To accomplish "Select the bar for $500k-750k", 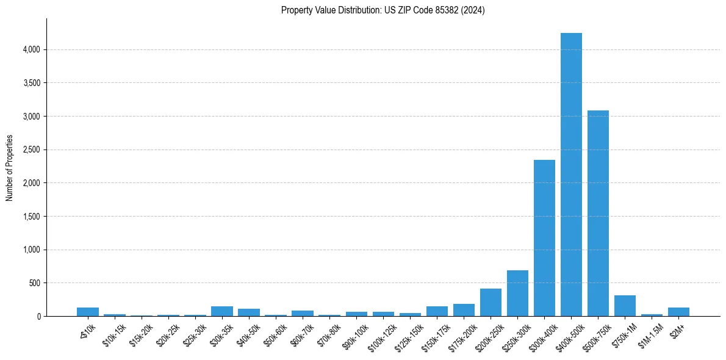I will tap(598, 214).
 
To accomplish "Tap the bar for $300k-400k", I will tap(544, 238).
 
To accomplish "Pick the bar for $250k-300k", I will tap(517, 293).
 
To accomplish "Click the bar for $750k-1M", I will tap(625, 306).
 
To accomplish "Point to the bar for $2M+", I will tap(678, 312).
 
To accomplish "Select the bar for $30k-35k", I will tap(222, 311).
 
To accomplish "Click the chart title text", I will tap(383, 10).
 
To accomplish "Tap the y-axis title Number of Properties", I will tap(10, 168).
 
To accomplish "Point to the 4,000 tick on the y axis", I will tap(31, 49).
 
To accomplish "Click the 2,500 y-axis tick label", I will tap(31, 149).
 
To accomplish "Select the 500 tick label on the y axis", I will tap(34, 283).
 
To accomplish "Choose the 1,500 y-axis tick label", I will tap(31, 216).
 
